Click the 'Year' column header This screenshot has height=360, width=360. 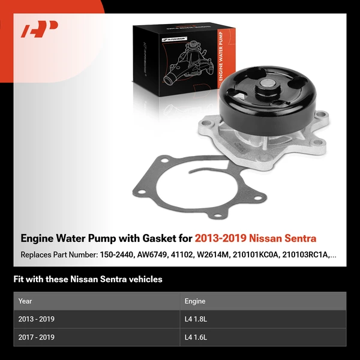(x=25, y=301)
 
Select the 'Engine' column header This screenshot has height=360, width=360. (x=195, y=301)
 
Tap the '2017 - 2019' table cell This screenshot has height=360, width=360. (x=37, y=337)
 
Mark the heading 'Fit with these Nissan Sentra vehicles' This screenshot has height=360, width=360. (x=88, y=279)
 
